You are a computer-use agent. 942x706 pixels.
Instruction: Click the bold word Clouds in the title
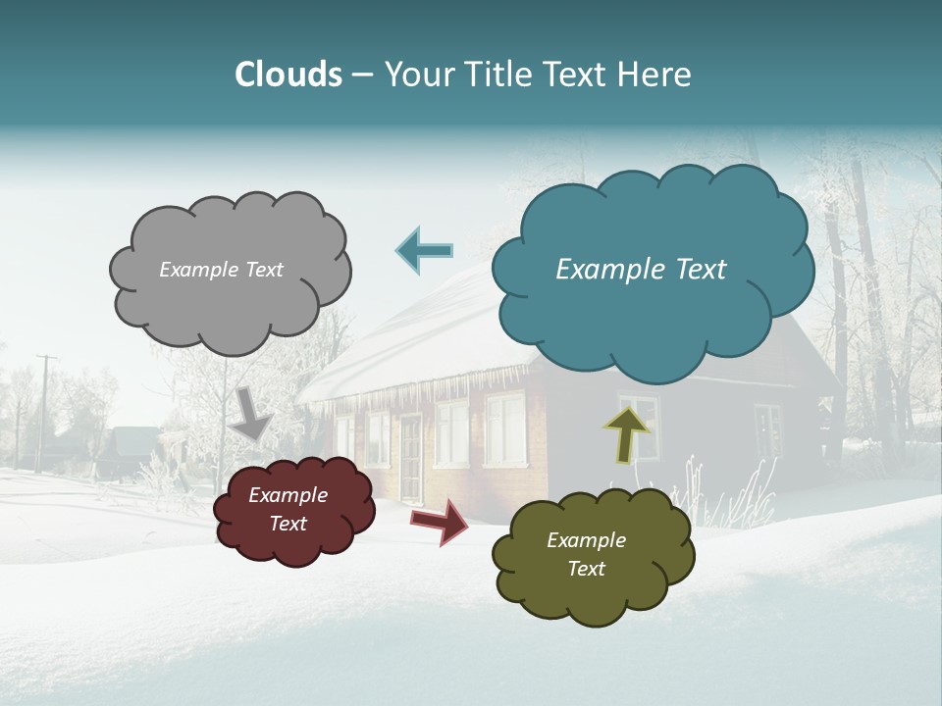click(288, 75)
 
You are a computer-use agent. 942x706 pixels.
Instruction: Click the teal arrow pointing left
click(424, 251)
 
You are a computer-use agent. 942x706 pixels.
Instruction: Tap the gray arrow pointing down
click(252, 413)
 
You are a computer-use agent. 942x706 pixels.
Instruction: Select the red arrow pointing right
click(439, 521)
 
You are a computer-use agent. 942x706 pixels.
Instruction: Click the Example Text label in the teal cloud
click(641, 270)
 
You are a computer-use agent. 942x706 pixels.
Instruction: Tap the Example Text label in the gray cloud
click(221, 270)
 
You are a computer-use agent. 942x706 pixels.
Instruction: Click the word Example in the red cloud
click(288, 495)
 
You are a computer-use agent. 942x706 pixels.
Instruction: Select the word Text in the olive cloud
click(586, 569)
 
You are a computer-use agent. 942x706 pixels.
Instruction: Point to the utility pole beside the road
click(43, 412)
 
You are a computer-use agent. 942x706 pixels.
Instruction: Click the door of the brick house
click(409, 457)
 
